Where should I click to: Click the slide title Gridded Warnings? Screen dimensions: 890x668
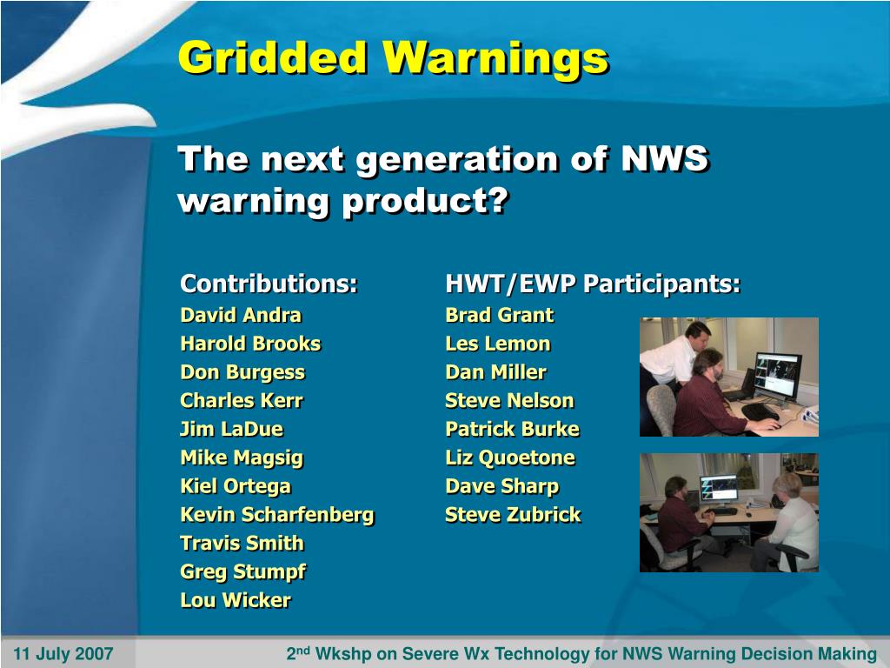pyautogui.click(x=394, y=58)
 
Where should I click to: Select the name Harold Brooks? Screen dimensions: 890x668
pyautogui.click(x=250, y=344)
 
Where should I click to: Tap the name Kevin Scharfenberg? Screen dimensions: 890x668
pyautogui.click(x=277, y=515)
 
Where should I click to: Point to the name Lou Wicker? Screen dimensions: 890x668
pyautogui.click(x=236, y=600)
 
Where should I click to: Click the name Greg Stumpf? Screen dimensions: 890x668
pyautogui.click(x=243, y=572)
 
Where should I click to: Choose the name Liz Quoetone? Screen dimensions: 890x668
pyautogui.click(x=510, y=458)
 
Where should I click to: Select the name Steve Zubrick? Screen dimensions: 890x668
pyautogui.click(x=513, y=515)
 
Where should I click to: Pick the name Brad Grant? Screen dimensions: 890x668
pyautogui.click(x=500, y=315)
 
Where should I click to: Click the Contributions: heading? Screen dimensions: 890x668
pyautogui.click(x=269, y=284)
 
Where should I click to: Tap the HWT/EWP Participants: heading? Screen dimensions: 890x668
pyautogui.click(x=593, y=284)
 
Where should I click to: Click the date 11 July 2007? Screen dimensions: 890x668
pyautogui.click(x=63, y=654)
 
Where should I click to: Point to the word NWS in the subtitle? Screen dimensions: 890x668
pyautogui.click(x=665, y=158)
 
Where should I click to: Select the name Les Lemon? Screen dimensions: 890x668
pyautogui.click(x=498, y=344)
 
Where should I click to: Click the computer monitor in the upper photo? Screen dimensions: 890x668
pyautogui.click(x=778, y=375)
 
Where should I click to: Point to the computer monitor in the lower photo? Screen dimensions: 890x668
pyautogui.click(x=719, y=489)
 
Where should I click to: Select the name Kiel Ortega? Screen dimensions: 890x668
pyautogui.click(x=236, y=487)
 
